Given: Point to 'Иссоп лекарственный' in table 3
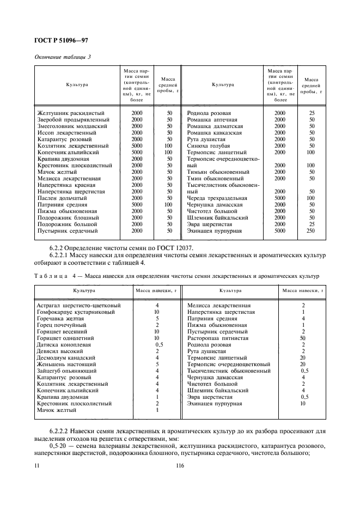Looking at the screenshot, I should [x=64, y=132].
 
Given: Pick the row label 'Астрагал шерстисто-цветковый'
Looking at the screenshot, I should [x=78, y=306].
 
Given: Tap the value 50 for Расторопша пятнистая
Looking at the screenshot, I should [x=302, y=338].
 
